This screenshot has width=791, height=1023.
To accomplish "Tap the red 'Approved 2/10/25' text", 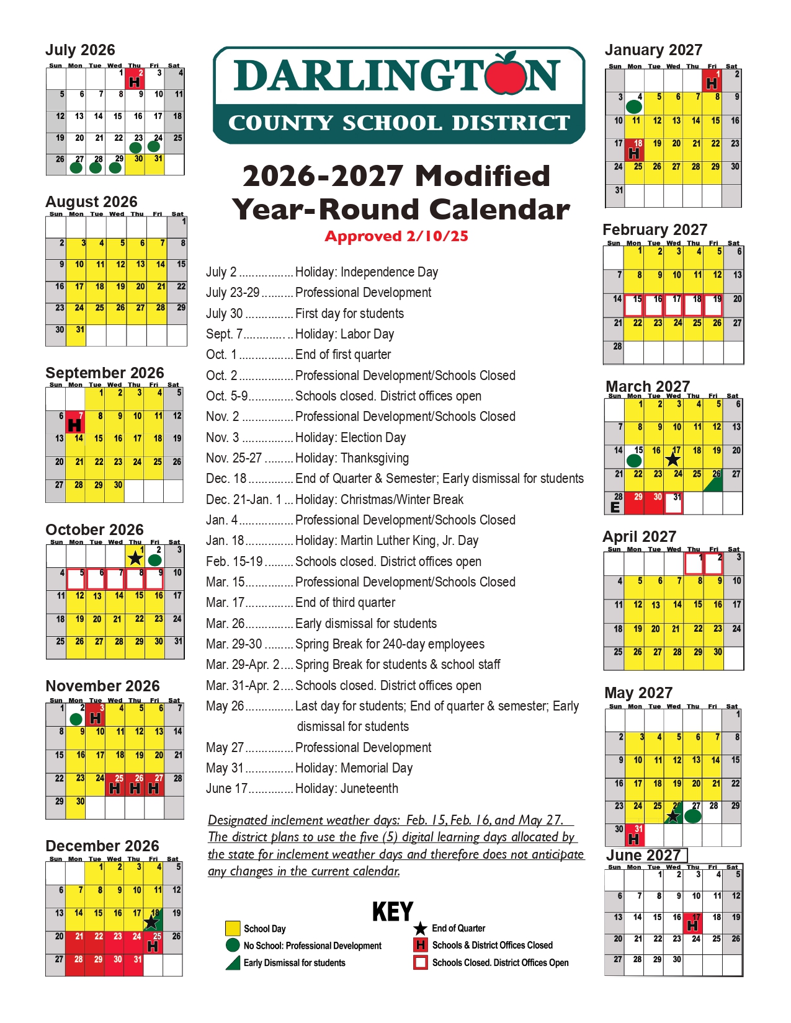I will (x=396, y=236).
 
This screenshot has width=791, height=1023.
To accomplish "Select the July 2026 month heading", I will (x=80, y=50).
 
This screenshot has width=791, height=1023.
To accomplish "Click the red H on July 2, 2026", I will (x=134, y=82).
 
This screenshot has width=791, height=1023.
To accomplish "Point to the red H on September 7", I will (x=74, y=425).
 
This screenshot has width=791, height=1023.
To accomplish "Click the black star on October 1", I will (x=135, y=558).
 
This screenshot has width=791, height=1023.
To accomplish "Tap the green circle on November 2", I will (x=76, y=719).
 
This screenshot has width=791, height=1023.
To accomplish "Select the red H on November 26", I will (x=135, y=788).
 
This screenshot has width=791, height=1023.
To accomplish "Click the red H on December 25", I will (x=153, y=947).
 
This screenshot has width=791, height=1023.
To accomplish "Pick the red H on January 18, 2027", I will (x=634, y=153).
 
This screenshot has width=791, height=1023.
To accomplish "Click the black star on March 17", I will (x=673, y=460).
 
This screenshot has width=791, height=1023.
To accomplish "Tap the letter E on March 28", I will (x=615, y=507).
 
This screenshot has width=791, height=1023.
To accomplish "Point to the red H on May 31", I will (x=634, y=839).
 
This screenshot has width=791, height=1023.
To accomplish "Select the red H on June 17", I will (x=693, y=926).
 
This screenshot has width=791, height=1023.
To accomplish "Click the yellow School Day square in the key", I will (x=233, y=928).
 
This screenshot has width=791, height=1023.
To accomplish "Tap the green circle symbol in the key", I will (x=233, y=945).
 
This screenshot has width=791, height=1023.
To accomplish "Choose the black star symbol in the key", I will (x=420, y=928).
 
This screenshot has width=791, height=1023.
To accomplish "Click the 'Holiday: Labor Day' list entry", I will (x=344, y=334).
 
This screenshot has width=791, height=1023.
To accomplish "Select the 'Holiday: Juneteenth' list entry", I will (x=346, y=789).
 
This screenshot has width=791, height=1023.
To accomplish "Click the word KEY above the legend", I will (x=393, y=911).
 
